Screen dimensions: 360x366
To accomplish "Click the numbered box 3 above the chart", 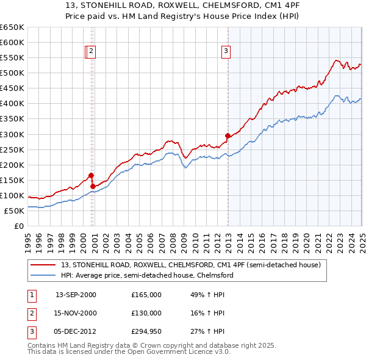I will [x=226, y=52].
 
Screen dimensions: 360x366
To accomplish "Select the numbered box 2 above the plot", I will [x=91, y=52].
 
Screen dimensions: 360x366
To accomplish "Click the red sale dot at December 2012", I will [x=228, y=135].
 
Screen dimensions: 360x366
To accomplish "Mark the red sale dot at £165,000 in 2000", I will [x=91, y=175].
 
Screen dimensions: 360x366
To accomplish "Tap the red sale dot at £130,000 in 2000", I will [x=93, y=186].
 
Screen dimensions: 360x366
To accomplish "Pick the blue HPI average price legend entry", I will [x=147, y=275].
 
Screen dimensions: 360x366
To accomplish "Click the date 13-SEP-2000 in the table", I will [x=76, y=295].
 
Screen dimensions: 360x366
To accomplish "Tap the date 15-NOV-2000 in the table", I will [x=76, y=312].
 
